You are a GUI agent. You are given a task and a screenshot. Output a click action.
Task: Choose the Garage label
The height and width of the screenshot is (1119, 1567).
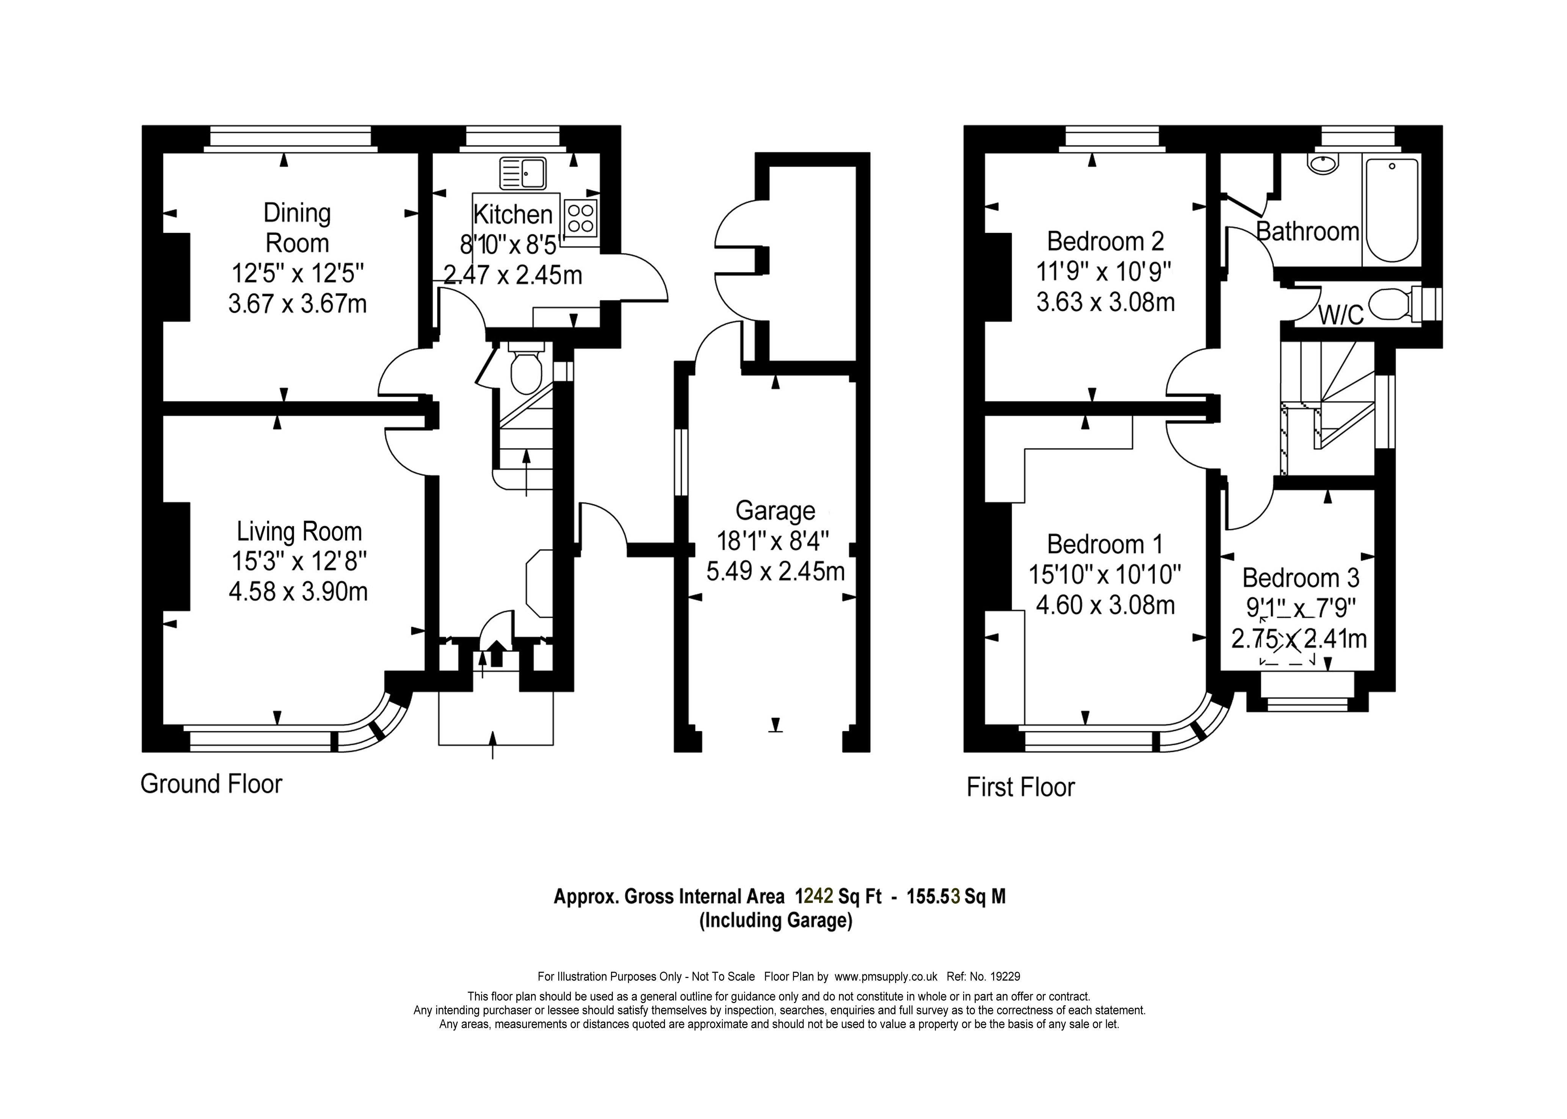coord(775,510)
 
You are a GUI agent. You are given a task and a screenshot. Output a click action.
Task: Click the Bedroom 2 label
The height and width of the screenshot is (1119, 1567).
coord(1105,241)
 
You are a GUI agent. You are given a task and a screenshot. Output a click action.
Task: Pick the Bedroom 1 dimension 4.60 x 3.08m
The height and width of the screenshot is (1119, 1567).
coord(1105,605)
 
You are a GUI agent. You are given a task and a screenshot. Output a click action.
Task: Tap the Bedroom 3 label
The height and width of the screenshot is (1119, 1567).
coord(1300,577)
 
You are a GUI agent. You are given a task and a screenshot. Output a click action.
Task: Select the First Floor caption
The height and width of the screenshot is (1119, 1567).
coord(1020,787)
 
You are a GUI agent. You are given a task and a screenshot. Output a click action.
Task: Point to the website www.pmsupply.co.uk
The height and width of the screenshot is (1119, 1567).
coord(886,977)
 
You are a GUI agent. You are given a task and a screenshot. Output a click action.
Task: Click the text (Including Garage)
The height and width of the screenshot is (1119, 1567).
coord(776,920)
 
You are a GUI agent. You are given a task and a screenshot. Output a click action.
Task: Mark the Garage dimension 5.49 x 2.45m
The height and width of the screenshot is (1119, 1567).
coord(775,571)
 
